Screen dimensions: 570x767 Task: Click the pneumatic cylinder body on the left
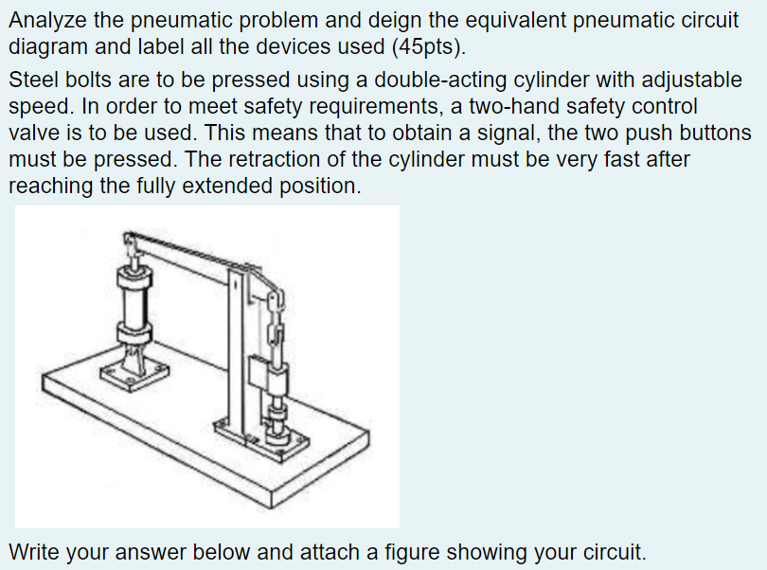click(x=134, y=302)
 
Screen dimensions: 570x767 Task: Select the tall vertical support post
click(x=234, y=350)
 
